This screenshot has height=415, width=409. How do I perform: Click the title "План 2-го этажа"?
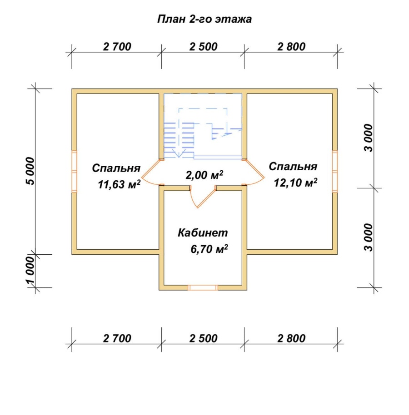204,20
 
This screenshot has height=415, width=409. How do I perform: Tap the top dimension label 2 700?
117,47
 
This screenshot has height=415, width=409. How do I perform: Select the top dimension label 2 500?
203,47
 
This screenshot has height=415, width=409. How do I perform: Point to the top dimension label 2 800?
291,47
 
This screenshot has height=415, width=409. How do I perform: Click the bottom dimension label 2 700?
117,339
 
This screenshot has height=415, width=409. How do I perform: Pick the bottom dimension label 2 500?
203,339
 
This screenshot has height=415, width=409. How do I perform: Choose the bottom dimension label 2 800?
291,339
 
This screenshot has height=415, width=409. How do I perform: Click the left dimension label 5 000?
30,171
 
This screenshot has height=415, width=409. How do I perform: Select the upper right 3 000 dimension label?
369,138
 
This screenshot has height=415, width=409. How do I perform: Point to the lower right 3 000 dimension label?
369,237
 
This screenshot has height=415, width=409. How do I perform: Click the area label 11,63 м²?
119,184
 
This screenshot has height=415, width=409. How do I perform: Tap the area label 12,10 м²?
295,183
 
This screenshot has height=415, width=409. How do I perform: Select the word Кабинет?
203,233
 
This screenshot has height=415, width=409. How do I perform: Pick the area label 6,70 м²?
209,249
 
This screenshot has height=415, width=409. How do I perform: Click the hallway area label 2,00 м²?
204,175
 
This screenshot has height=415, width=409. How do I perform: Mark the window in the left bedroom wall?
74,171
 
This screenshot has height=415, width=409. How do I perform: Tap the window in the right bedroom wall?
335,171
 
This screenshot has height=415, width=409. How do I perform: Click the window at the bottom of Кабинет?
203,288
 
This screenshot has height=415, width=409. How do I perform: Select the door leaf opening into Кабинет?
206,198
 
